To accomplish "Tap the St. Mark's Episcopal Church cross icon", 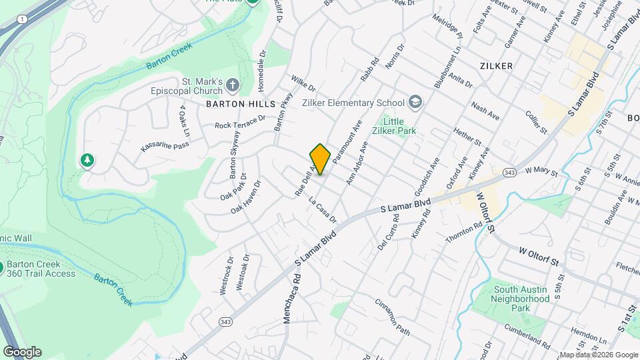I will pos(232,85).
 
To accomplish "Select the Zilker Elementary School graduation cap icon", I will pos(415,102).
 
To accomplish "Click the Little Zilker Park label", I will pos(398,126).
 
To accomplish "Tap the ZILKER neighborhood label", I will pos(495,66).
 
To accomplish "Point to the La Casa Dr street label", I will pos(323,209).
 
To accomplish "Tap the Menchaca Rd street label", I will pos(288,303).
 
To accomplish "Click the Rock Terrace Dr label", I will pos(240,122).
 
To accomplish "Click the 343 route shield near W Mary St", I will pos(509,173).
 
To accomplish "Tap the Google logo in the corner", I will pos(21,352).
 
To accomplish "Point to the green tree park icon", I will pos(86,160).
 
